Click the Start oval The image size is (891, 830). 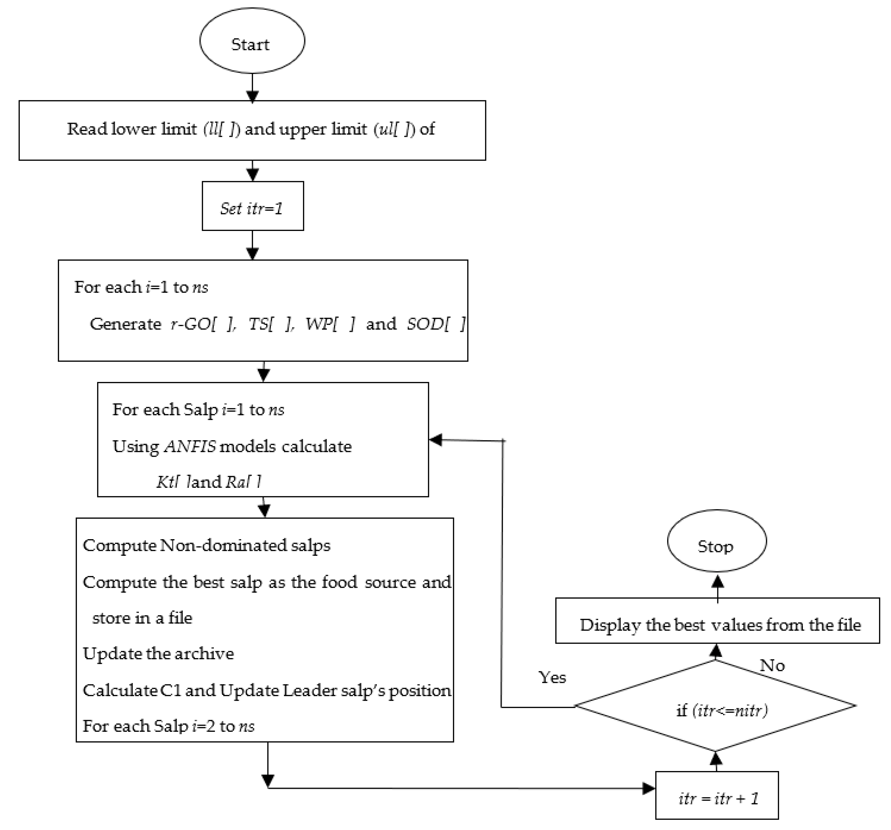252,41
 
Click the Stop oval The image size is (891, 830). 716,541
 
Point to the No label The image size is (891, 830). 772,666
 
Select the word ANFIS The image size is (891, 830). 190,447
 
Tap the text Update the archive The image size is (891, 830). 158,654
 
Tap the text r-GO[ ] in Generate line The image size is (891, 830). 203,324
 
